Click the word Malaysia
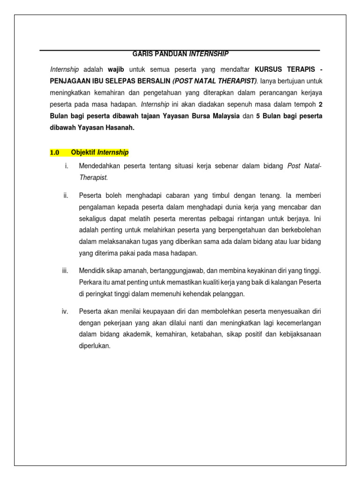(x=221, y=116)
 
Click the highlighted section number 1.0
(x=55, y=153)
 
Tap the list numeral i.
(x=66, y=166)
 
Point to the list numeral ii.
(x=66, y=195)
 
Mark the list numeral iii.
(x=65, y=271)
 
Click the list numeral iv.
(x=65, y=312)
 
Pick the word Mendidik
(x=92, y=271)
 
